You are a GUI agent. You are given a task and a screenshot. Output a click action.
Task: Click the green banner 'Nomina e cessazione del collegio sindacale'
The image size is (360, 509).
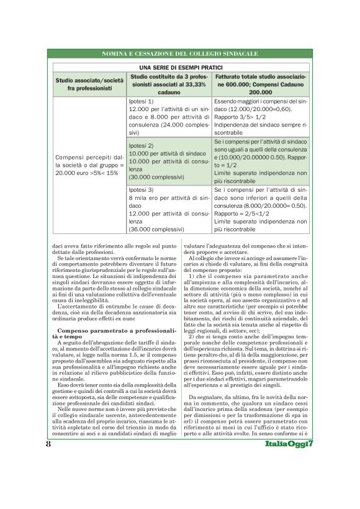click(x=180, y=55)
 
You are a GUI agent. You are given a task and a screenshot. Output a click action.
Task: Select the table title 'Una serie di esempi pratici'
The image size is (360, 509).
click(x=180, y=66)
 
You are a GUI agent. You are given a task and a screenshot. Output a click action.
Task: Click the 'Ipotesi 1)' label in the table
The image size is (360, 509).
click(x=141, y=100)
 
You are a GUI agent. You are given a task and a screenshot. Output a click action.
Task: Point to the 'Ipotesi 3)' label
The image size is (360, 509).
click(x=141, y=189)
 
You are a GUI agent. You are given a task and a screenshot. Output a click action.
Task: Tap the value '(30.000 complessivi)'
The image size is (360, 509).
click(x=155, y=176)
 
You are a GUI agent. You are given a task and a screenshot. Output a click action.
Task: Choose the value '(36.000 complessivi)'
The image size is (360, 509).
click(x=155, y=229)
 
